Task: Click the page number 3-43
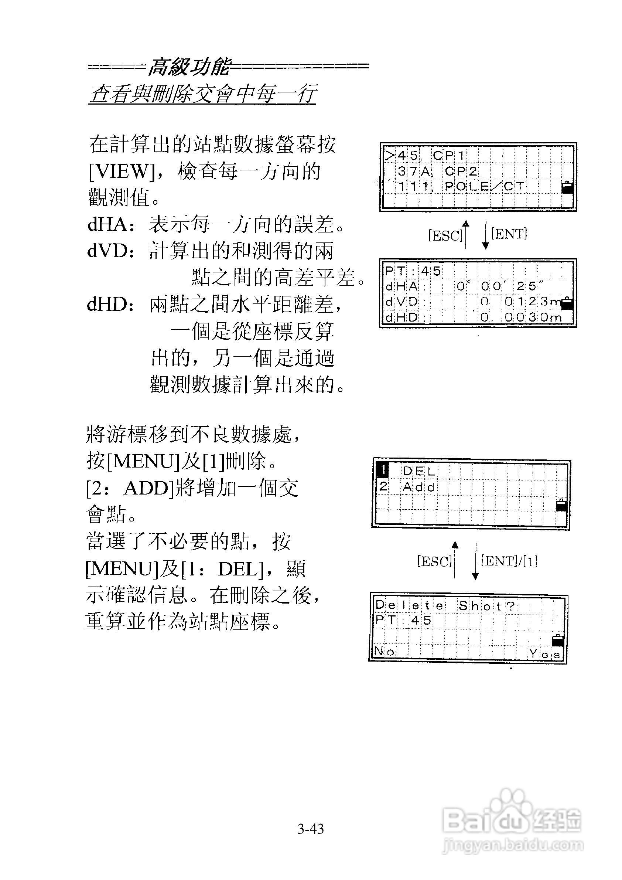coord(311,829)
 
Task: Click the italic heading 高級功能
coord(189,67)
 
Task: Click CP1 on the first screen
coord(448,156)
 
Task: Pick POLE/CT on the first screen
coord(484,187)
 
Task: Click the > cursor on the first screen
coord(390,156)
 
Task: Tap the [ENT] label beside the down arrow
coord(509,234)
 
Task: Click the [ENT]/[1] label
coord(509,561)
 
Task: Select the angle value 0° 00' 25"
coord(500,286)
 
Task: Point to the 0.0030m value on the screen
coord(521,317)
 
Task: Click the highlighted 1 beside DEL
coord(383,470)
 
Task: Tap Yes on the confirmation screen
coord(545,653)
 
